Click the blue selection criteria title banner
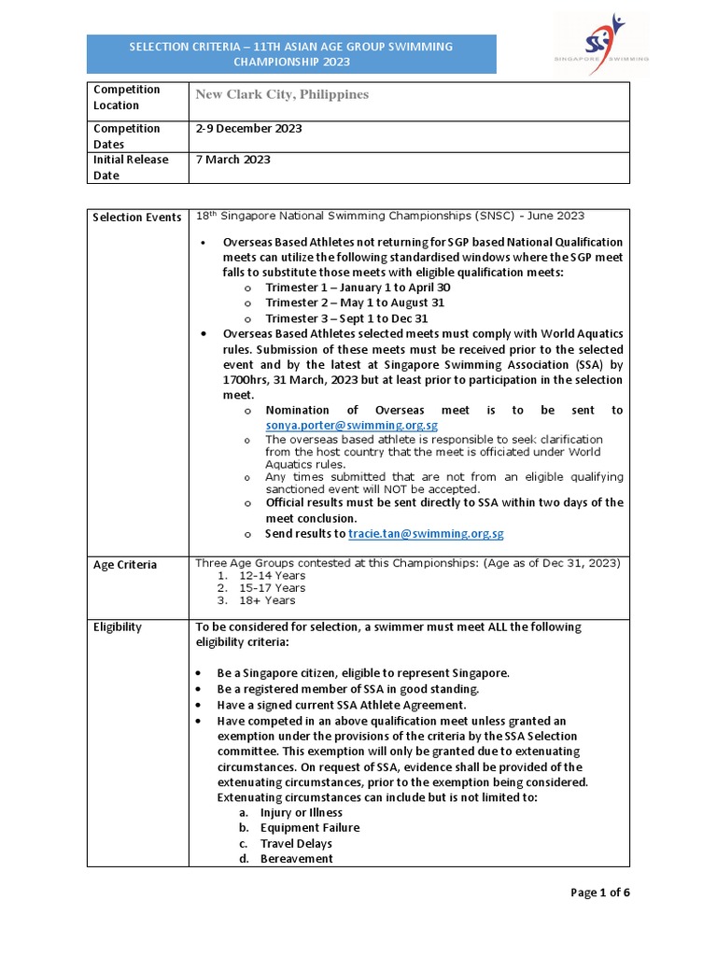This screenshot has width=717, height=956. click(291, 54)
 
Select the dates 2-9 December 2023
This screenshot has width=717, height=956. click(248, 129)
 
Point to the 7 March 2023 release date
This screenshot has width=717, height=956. click(232, 160)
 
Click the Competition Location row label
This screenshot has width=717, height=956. click(126, 97)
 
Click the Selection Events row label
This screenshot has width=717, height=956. click(136, 218)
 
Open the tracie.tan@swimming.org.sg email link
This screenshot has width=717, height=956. click(426, 534)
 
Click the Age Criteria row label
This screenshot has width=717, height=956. click(124, 565)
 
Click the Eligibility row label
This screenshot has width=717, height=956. click(118, 626)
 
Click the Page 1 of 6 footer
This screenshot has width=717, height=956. click(600, 893)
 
